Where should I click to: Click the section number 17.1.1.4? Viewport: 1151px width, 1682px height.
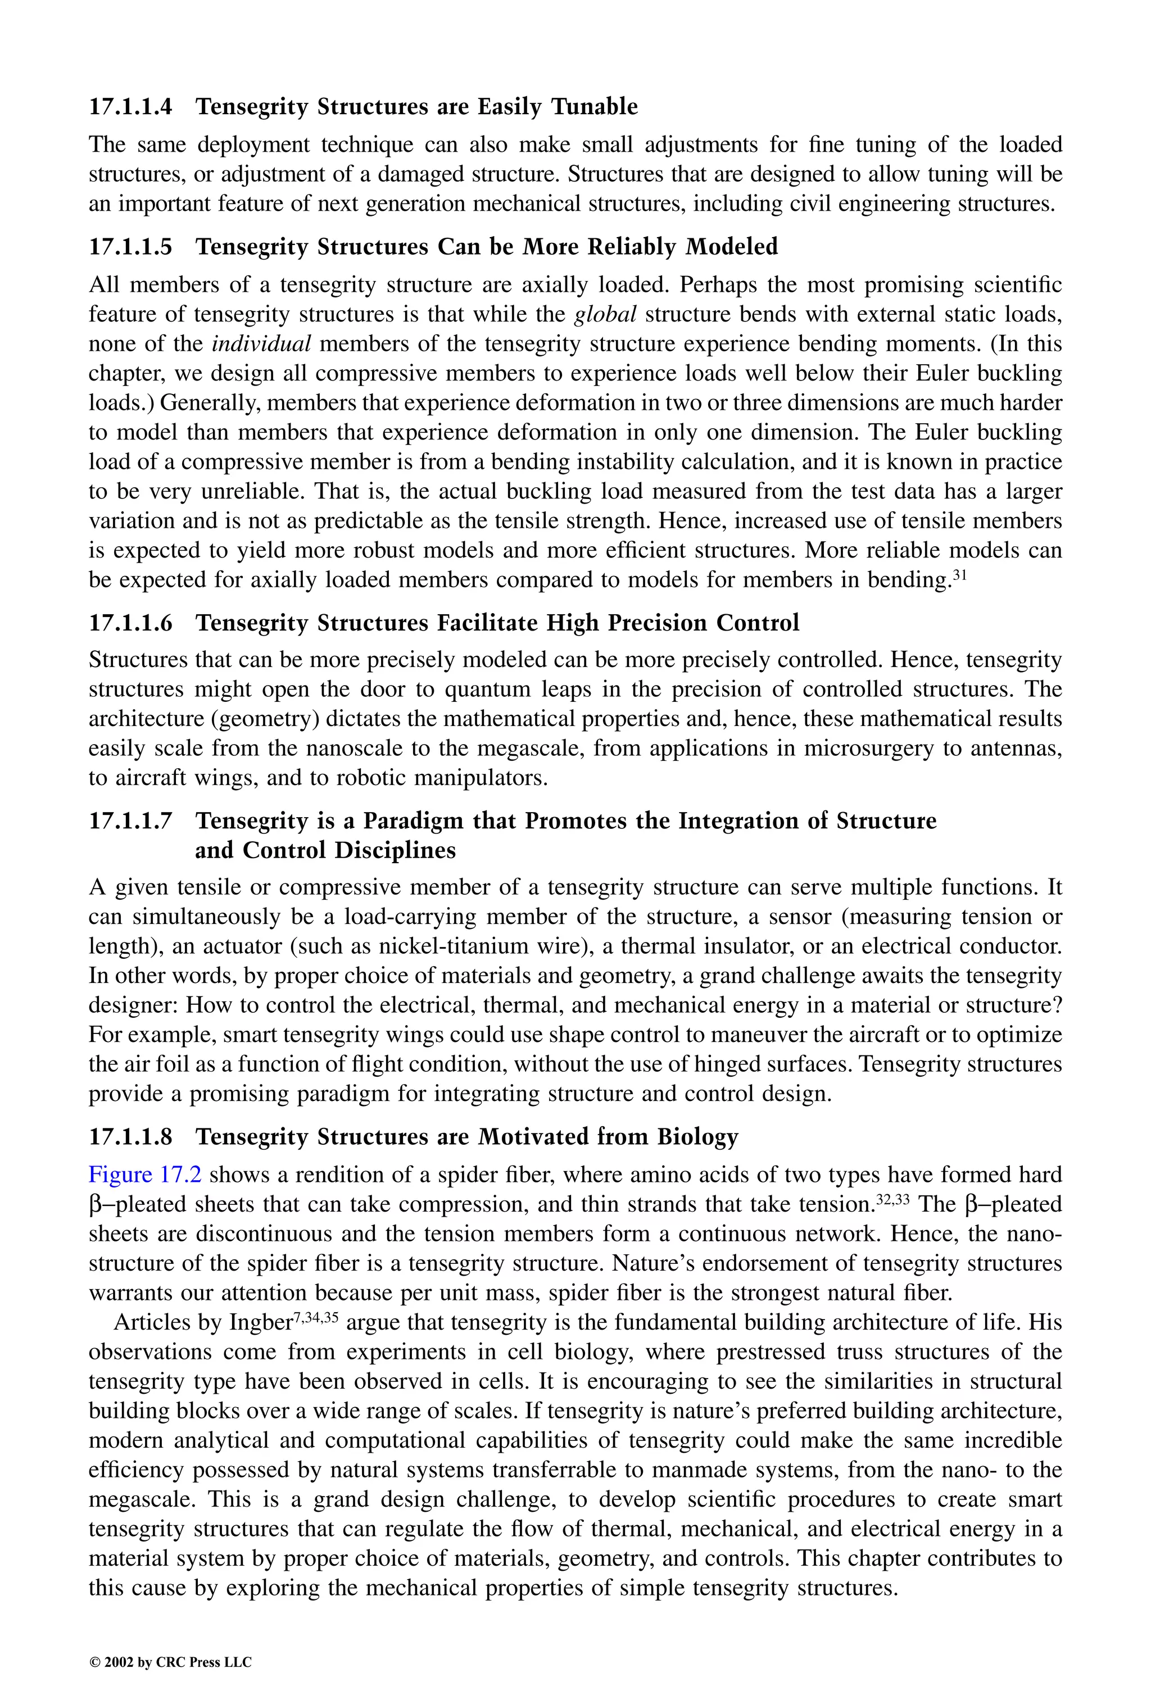[130, 107]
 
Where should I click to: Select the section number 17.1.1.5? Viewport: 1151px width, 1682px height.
[130, 247]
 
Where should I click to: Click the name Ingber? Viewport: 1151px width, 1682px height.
[260, 1323]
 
